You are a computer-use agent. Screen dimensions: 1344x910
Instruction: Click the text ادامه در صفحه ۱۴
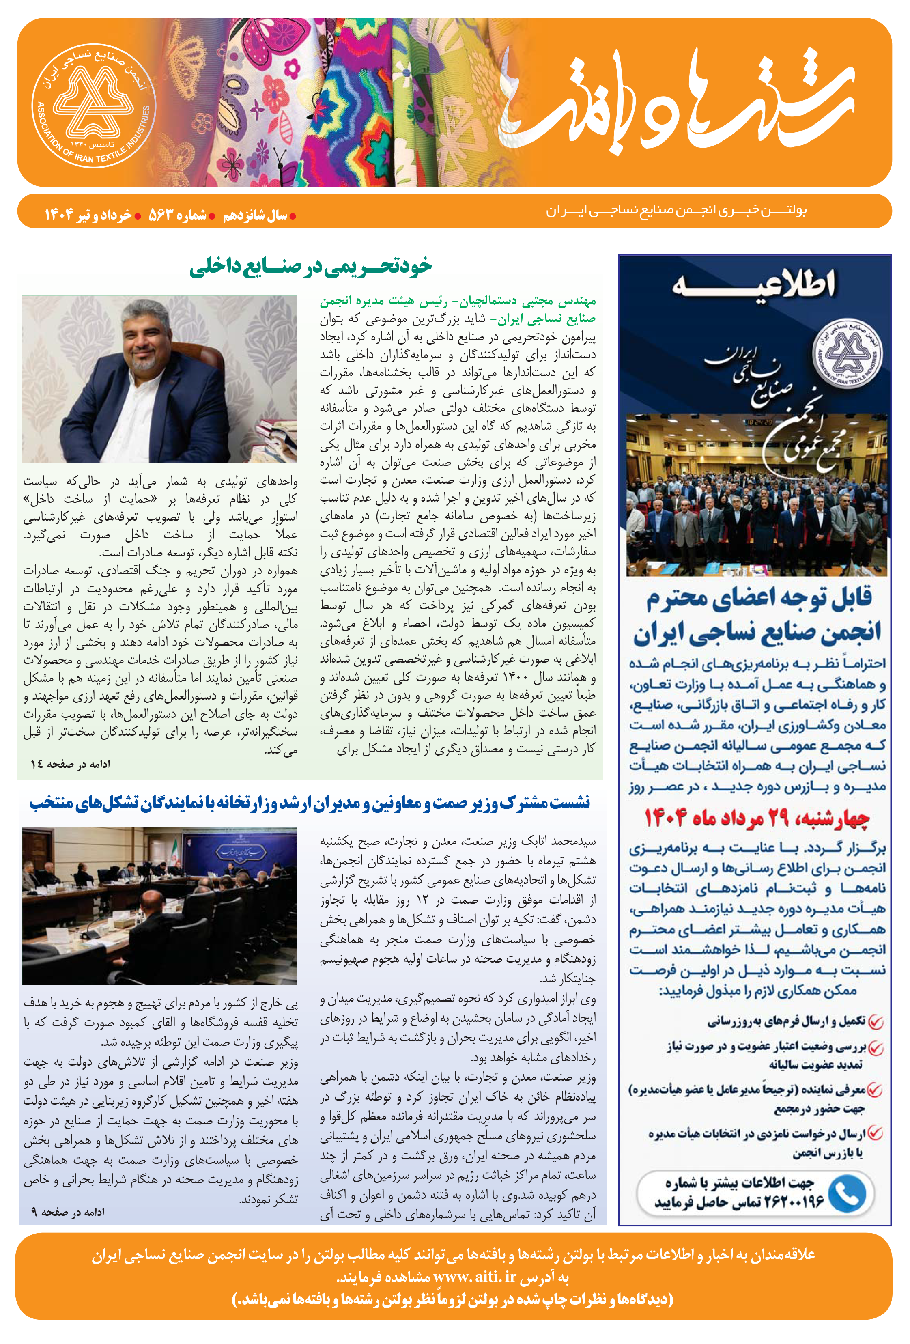[71, 764]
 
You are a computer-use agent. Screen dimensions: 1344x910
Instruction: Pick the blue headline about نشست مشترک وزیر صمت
[310, 803]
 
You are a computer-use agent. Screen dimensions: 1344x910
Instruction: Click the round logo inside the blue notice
[848, 354]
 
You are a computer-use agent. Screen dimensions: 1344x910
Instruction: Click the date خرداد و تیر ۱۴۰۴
[88, 215]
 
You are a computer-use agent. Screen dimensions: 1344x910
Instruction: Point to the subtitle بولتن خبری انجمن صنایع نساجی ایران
[676, 211]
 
